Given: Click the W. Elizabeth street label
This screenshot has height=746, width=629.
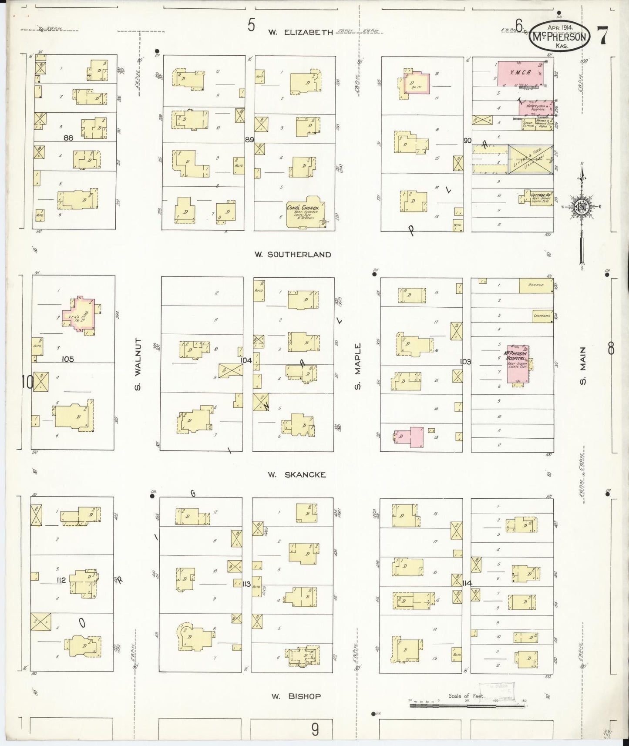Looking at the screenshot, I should [300, 32].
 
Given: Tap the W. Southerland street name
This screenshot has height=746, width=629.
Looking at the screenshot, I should [293, 255].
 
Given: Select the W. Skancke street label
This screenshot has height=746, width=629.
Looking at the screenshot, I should [297, 475].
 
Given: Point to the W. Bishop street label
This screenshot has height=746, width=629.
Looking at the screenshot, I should [296, 696].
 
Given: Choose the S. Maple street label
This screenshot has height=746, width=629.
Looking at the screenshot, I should [358, 366].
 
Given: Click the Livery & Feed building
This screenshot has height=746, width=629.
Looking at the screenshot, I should [531, 159].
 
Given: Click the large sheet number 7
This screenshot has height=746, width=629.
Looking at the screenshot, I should [603, 36].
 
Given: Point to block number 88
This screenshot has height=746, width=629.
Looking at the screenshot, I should [68, 138].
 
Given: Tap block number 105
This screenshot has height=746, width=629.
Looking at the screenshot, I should [68, 359].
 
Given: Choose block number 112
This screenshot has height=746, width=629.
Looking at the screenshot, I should [61, 580].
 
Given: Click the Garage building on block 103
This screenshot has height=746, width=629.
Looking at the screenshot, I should [536, 286].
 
